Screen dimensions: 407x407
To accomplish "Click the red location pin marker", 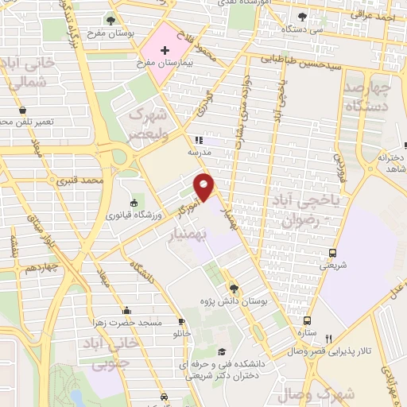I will click(205, 187).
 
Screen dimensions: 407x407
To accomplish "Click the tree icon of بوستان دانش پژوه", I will click(234, 289).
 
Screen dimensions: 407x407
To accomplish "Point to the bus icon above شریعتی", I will click(332, 254).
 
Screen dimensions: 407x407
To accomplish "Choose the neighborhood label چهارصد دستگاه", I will click(368, 96).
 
